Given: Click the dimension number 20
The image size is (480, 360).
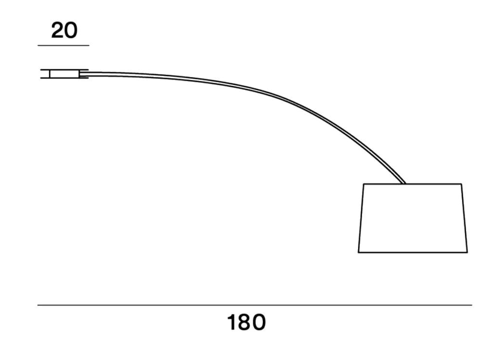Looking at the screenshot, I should click(x=64, y=30).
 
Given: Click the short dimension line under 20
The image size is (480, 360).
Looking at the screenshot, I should click(x=64, y=45).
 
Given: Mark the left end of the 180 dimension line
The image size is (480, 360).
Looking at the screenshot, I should click(x=38, y=305).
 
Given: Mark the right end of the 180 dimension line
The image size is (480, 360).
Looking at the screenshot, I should click(x=471, y=305).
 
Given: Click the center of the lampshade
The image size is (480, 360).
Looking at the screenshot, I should click(x=413, y=218).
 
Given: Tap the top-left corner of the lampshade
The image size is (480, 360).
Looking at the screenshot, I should click(x=364, y=184).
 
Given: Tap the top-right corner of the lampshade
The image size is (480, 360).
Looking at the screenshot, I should click(x=461, y=184).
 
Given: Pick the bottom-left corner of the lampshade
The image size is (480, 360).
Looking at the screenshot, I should click(x=359, y=252).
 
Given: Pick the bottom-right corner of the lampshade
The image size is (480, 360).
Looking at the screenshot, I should click(x=467, y=252).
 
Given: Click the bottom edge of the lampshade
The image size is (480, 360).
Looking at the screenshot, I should click(x=413, y=252).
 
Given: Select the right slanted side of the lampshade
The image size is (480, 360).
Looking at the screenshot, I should click(x=464, y=218).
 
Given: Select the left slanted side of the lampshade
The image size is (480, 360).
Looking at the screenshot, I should click(x=361, y=218).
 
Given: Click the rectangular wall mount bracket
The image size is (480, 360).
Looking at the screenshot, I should click(x=64, y=74).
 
